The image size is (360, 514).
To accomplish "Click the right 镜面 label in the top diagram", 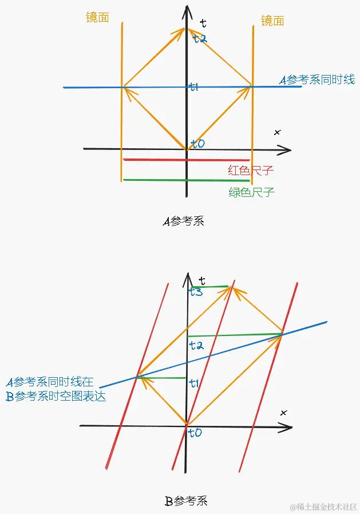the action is coord(272,21).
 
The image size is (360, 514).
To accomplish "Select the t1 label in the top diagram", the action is coord(194,87).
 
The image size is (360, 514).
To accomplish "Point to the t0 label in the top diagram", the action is coord(197,144).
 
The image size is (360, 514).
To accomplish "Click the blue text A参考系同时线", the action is coord(317,80).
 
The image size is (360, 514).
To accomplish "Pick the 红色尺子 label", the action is coord(251,171).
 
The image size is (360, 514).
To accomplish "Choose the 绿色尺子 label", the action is coord(252,192).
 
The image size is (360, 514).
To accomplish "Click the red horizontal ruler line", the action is coord(187,160).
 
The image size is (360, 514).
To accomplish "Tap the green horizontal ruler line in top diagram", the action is coord(187,180).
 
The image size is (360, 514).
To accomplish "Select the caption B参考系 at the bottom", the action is coord(186,501).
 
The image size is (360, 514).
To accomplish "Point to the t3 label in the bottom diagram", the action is coord(196,292).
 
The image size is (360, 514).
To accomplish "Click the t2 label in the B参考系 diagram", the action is coord(196,345).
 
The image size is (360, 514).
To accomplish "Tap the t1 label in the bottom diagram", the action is coord(193,383).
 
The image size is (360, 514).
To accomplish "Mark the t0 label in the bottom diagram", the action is coord(195,433).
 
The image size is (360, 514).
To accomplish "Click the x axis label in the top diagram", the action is coord(278,133).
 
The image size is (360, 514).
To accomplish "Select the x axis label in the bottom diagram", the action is coord(283,412).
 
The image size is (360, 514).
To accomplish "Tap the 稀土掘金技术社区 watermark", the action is coord(323,507).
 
